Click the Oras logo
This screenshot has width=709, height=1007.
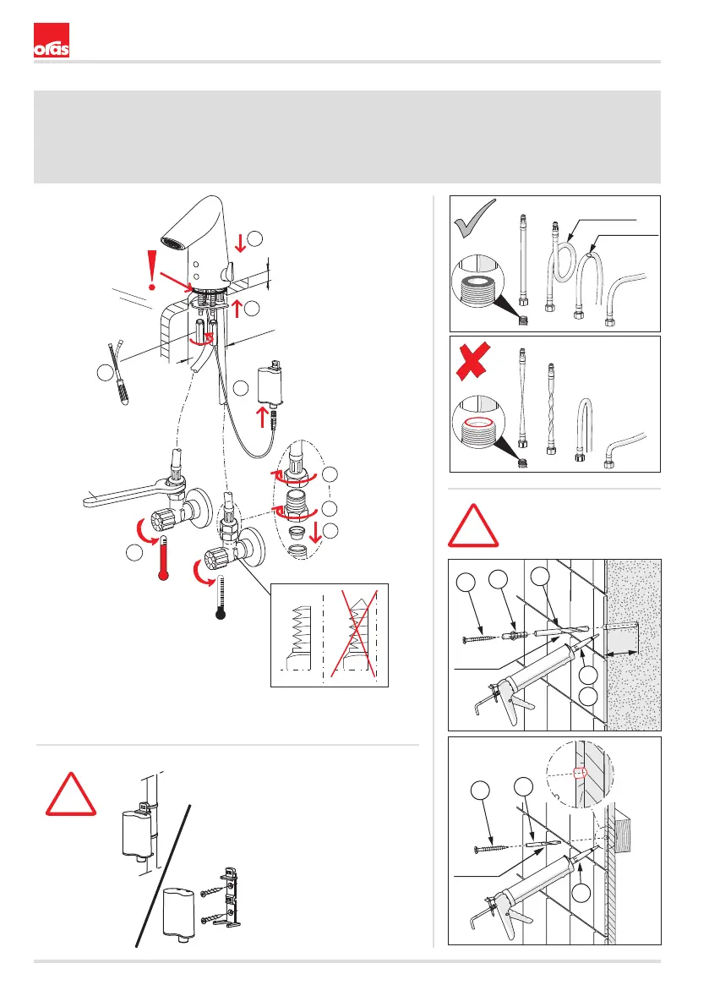coord(51,42)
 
